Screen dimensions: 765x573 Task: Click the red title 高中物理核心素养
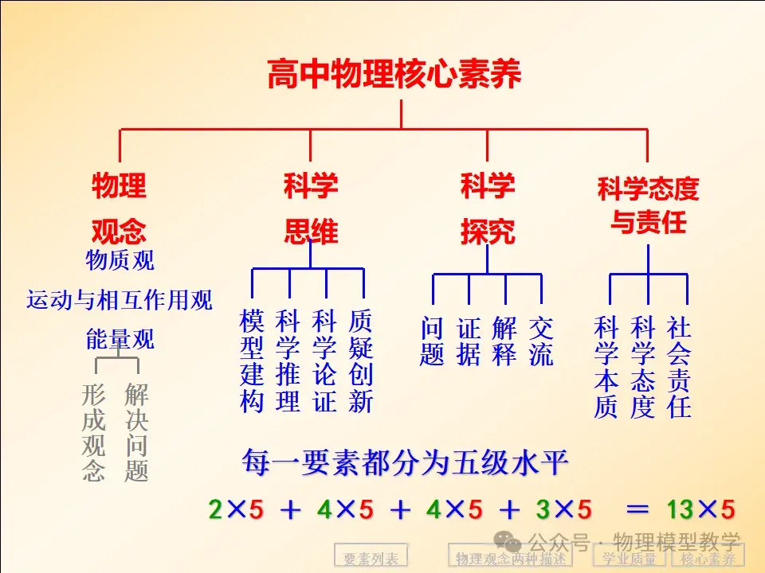[x=394, y=73]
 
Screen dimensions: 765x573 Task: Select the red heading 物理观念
[x=119, y=208]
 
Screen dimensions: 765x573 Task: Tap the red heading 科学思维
[x=311, y=208]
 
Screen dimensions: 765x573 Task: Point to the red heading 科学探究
[x=488, y=208]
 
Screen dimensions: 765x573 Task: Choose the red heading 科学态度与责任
[x=648, y=205]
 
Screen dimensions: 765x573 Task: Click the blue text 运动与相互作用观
[x=120, y=300]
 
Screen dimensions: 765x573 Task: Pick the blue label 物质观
[x=120, y=260]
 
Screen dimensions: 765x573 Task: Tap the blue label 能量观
[x=120, y=339]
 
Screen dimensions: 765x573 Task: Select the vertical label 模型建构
[x=252, y=361]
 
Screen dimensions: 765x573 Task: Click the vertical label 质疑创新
[x=361, y=361]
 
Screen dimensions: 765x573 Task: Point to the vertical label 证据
[x=469, y=341]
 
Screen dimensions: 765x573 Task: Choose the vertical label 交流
[x=541, y=341]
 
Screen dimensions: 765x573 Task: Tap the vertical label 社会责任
[x=679, y=367]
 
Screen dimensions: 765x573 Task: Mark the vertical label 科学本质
[x=606, y=367]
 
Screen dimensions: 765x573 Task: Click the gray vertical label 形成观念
[x=93, y=432]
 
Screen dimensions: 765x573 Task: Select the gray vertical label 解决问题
[x=136, y=432]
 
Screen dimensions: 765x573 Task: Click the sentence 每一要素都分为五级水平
[x=405, y=462]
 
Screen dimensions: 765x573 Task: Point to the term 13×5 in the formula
[x=700, y=509]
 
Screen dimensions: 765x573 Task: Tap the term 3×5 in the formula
[x=563, y=509]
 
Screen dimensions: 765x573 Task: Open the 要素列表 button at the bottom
[x=371, y=556]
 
